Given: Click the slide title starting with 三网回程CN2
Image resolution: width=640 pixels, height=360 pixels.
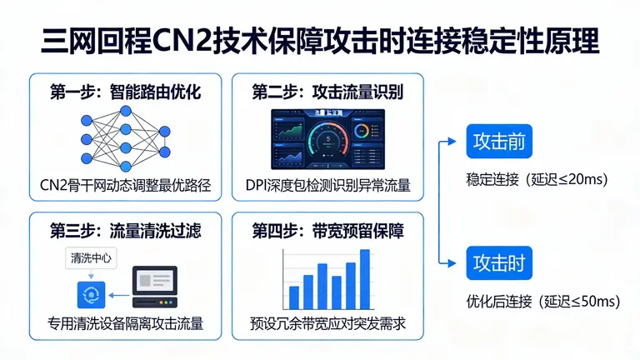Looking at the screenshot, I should click(320, 40).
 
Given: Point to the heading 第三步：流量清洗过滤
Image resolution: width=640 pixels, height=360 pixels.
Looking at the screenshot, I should click(124, 228).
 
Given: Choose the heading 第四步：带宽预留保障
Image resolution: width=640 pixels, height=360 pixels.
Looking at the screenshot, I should click(327, 228).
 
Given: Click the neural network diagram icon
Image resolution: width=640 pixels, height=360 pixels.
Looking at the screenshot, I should click(125, 137).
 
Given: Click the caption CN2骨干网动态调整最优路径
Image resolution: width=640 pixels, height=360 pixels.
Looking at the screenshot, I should click(125, 185).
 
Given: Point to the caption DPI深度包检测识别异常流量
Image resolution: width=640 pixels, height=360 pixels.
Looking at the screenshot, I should click(327, 185).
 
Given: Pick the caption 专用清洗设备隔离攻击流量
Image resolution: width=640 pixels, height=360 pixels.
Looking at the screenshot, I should click(125, 322).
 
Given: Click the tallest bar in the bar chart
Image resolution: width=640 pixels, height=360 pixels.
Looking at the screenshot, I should click(365, 278).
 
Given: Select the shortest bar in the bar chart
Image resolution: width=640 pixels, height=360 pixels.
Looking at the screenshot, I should click(293, 297).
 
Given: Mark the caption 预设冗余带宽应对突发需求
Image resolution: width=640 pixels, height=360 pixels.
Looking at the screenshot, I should click(327, 322).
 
